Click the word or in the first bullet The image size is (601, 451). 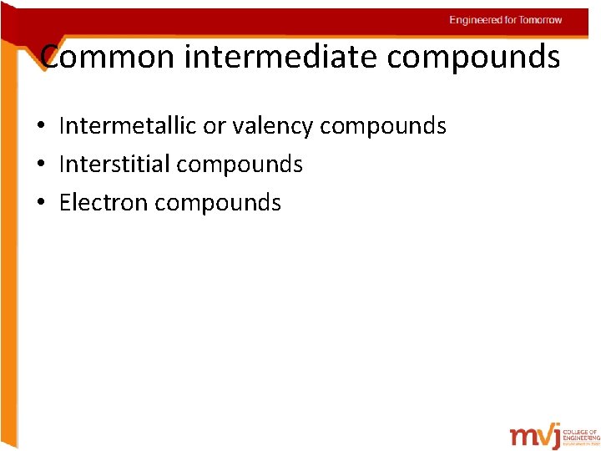(215, 126)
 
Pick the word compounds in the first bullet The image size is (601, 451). (383, 126)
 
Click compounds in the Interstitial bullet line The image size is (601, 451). (240, 165)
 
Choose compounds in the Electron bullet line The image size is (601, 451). (218, 202)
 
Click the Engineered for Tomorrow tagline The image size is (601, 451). (506, 20)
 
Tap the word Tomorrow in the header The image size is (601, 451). (541, 20)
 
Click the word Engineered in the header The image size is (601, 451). (475, 20)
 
